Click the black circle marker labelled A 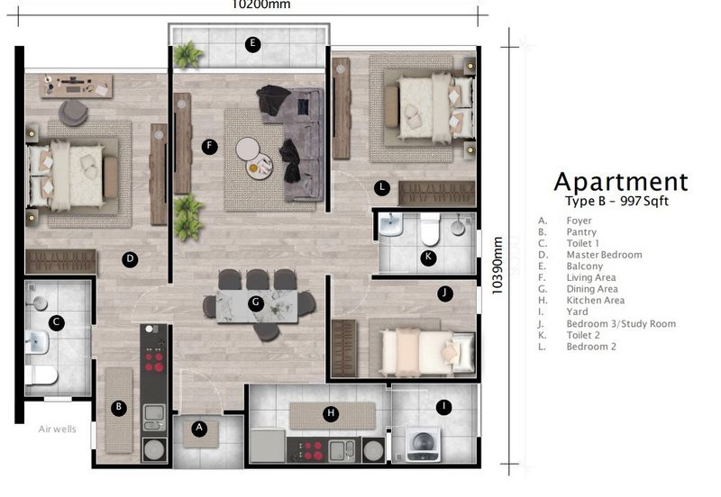click(200, 429)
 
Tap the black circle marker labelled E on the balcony click(253, 43)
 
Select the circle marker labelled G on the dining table click(256, 303)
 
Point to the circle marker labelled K click(428, 258)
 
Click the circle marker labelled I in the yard click(443, 407)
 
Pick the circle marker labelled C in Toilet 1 click(56, 321)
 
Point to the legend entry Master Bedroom click(604, 255)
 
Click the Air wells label click(58, 429)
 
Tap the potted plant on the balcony click(187, 56)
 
